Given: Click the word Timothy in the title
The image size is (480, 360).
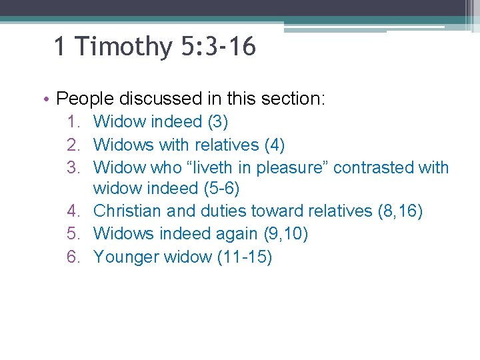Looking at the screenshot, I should (123, 47).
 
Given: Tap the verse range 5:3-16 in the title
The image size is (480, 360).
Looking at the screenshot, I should (217, 47).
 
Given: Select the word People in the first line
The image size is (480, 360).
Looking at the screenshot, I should (85, 99).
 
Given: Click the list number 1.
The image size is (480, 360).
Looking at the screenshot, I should (73, 122).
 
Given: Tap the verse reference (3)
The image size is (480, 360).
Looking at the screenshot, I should (218, 122).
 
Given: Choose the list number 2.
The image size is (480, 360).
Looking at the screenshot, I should (73, 145).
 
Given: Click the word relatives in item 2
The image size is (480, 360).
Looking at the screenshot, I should (225, 145).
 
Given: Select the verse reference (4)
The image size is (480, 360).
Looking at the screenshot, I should (275, 145).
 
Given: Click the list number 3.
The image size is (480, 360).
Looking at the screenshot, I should (73, 167).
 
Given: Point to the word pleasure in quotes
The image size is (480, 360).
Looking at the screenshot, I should (293, 167).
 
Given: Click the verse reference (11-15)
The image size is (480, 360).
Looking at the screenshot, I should (245, 257).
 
